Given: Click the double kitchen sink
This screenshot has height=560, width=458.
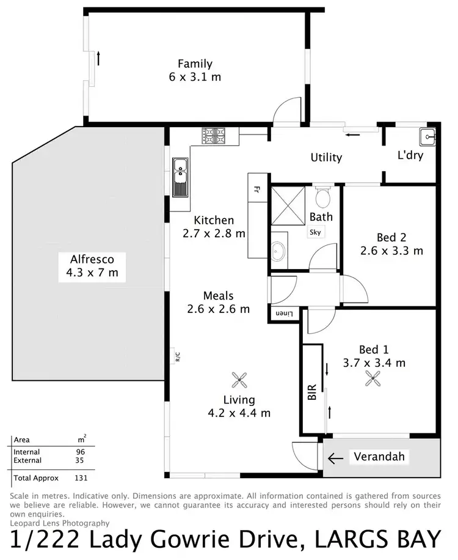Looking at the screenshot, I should pyautogui.click(x=181, y=177).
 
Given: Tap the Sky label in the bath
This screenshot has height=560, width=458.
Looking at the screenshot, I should pyautogui.click(x=315, y=232).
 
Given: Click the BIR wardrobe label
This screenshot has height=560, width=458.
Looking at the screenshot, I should pyautogui.click(x=311, y=392).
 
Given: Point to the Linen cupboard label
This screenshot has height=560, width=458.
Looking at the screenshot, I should pyautogui.click(x=284, y=314).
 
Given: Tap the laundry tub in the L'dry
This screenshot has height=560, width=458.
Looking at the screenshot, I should pyautogui.click(x=426, y=136).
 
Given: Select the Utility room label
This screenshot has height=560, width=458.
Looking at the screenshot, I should pyautogui.click(x=326, y=158).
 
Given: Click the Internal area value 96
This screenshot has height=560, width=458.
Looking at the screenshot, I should pyautogui.click(x=81, y=452).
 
